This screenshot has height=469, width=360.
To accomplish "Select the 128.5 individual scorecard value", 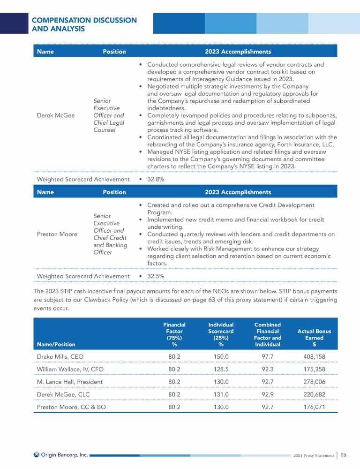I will click(221, 369).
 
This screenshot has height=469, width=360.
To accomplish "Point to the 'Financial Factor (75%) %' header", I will click(174, 334).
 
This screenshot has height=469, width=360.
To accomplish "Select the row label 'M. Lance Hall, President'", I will click(69, 382).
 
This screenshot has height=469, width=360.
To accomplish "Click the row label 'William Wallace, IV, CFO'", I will click(70, 369).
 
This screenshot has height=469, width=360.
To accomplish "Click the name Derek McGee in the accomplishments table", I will click(56, 115).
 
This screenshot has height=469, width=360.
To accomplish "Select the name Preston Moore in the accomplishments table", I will click(57, 234).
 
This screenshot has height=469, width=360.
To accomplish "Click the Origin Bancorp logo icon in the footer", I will click(37, 454).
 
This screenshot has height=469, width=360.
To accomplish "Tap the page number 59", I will click(343, 454).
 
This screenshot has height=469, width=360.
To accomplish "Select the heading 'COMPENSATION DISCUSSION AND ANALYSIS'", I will click(84, 24).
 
